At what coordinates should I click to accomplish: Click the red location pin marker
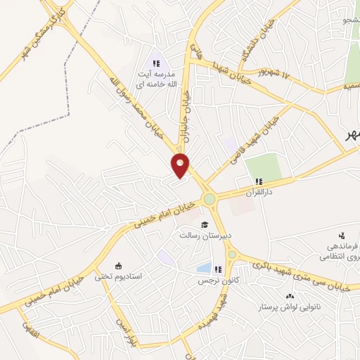click(181, 165)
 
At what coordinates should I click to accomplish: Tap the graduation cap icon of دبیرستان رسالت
click(205, 225)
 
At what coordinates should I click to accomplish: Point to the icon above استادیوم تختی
click(117, 265)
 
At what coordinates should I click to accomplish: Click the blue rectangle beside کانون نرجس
click(204, 268)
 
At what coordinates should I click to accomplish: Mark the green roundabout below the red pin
click(210, 200)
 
